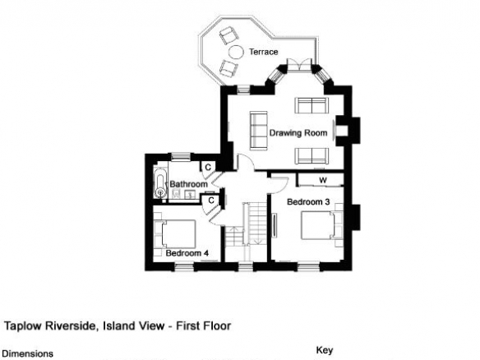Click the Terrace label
264,52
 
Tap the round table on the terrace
236,52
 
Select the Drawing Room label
298,133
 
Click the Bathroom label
188,184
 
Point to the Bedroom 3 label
308,201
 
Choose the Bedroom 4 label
187,253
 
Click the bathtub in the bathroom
160,183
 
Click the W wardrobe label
323,180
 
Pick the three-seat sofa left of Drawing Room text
259,131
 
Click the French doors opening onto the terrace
299,66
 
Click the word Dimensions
28,354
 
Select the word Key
325,350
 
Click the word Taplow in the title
23,325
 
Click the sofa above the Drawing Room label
312,105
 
